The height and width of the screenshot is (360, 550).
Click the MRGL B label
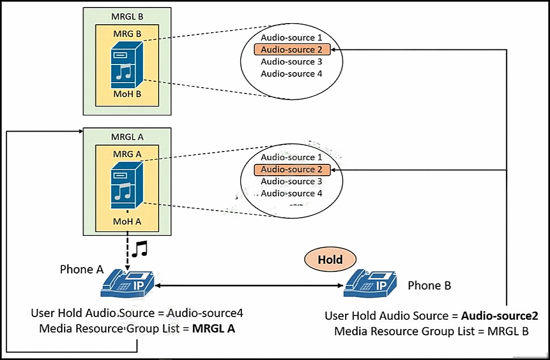click(x=127, y=17)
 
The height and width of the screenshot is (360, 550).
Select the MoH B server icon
click(x=127, y=65)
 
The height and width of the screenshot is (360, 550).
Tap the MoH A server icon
click(x=127, y=185)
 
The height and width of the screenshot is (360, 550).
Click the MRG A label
click(x=127, y=154)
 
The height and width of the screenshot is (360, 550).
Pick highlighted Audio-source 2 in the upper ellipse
click(x=292, y=49)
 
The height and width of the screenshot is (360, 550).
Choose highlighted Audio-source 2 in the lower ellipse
click(x=292, y=169)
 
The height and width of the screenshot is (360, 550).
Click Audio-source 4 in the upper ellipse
click(x=291, y=74)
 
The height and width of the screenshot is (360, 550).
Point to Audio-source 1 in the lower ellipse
click(x=291, y=157)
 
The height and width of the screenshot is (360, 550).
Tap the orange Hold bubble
click(x=330, y=260)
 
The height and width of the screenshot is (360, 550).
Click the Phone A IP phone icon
click(x=127, y=284)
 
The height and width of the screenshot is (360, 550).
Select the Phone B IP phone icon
click(x=370, y=284)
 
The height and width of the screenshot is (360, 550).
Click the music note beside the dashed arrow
click(x=140, y=249)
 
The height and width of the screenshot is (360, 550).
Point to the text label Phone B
click(x=430, y=286)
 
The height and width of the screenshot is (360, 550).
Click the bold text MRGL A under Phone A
click(x=213, y=328)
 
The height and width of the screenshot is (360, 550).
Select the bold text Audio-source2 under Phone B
click(x=499, y=316)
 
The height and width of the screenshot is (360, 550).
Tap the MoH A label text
click(x=127, y=221)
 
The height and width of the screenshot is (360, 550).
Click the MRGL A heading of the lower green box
click(x=127, y=136)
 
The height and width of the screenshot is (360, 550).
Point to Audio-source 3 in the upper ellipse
click(x=291, y=62)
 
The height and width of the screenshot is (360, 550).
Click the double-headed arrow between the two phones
click(x=249, y=286)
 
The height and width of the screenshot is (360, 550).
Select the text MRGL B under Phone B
click(x=508, y=332)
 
